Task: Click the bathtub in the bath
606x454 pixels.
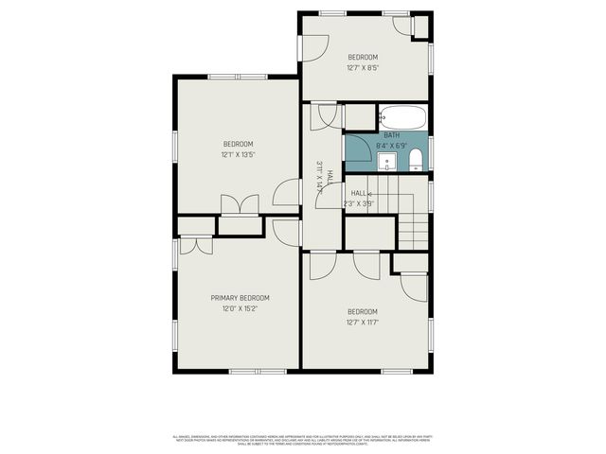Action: pyautogui.click(x=401, y=119)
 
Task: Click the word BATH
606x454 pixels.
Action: pyautogui.click(x=391, y=136)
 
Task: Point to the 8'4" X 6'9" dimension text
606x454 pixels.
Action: pyautogui.click(x=391, y=147)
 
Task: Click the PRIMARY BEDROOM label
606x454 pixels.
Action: pyautogui.click(x=240, y=297)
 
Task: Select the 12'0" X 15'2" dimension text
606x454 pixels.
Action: pyautogui.click(x=240, y=308)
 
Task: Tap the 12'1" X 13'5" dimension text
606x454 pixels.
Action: pyautogui.click(x=238, y=155)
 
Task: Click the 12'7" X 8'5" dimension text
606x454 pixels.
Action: pyautogui.click(x=363, y=67)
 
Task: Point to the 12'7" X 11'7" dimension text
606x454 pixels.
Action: pyautogui.click(x=363, y=323)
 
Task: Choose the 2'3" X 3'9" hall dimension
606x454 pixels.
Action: pyautogui.click(x=359, y=203)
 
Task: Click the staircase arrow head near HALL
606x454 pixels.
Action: pyautogui.click(x=369, y=193)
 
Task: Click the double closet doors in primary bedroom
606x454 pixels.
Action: pyautogui.click(x=195, y=244)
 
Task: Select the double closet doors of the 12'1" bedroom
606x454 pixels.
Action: pyautogui.click(x=239, y=205)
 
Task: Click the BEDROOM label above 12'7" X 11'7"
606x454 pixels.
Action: pyautogui.click(x=363, y=312)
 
